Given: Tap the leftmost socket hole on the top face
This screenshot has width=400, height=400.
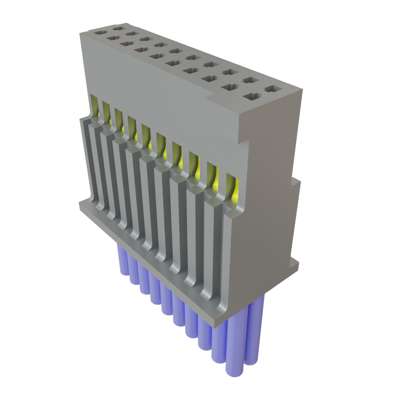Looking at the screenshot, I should [x=100, y=33].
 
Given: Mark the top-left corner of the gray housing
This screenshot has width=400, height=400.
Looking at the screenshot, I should [x=80, y=34].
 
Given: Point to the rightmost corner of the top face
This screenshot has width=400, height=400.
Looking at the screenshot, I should [x=302, y=90].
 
